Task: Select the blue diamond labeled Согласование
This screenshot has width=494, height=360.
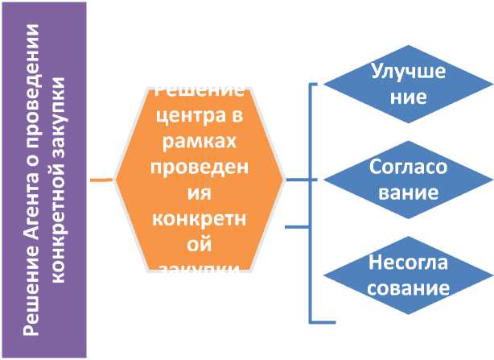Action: pos(408,180)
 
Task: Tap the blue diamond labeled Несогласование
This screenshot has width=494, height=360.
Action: pos(408,275)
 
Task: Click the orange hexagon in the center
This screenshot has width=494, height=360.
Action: pos(200,180)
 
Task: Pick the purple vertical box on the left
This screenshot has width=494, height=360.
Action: pos(44,180)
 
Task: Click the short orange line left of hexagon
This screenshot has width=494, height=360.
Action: pos(101,180)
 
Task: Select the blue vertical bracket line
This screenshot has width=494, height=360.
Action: pos(310,201)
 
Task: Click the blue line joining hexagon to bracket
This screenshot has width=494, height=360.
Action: pos(297,180)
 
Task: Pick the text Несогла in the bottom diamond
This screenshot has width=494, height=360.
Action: pos(408,263)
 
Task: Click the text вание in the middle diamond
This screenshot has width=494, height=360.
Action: pos(408,193)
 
